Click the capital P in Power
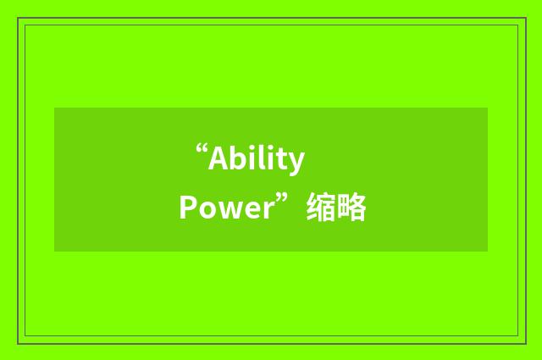(186, 208)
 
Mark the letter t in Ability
(283, 159)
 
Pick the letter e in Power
(246, 210)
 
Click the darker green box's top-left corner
(55, 108)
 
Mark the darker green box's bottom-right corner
(487, 251)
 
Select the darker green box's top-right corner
(487, 108)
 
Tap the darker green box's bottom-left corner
(55, 251)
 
